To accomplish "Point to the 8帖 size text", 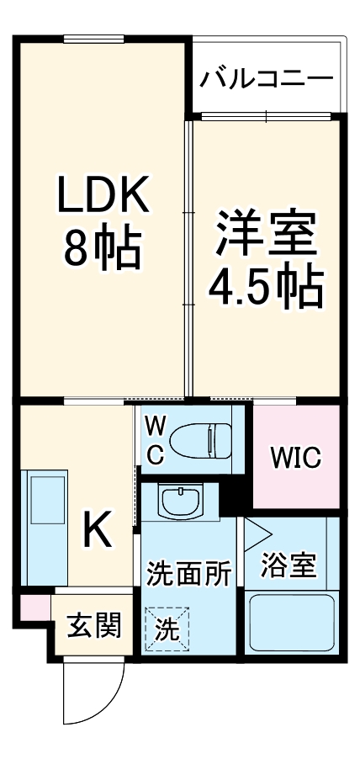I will click(x=102, y=245).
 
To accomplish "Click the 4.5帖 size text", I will click(x=266, y=286).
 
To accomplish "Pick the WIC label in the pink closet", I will click(x=295, y=457).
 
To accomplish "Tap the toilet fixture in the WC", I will click(x=201, y=438).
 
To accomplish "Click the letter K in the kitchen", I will click(x=98, y=528).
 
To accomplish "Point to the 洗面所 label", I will click(x=188, y=573).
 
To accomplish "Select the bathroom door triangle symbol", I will click(x=256, y=531).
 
